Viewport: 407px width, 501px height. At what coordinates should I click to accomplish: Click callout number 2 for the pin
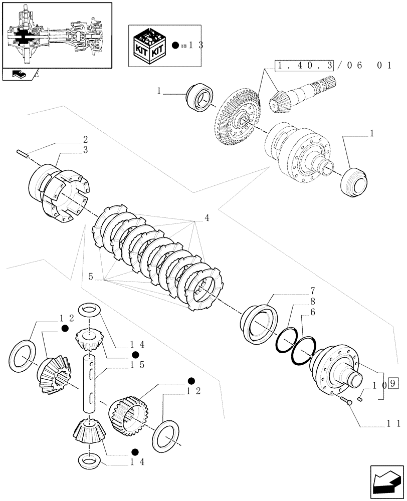(85, 140)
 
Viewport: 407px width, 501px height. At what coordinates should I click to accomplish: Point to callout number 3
(85, 150)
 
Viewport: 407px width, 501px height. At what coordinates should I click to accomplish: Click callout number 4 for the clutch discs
(207, 218)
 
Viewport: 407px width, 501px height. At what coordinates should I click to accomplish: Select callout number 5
(91, 276)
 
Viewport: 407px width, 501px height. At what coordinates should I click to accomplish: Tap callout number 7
(312, 291)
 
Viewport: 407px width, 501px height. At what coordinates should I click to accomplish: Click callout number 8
(312, 302)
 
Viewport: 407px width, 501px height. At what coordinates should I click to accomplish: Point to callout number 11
(392, 424)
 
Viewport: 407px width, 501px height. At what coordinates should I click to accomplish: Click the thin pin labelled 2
(23, 153)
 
